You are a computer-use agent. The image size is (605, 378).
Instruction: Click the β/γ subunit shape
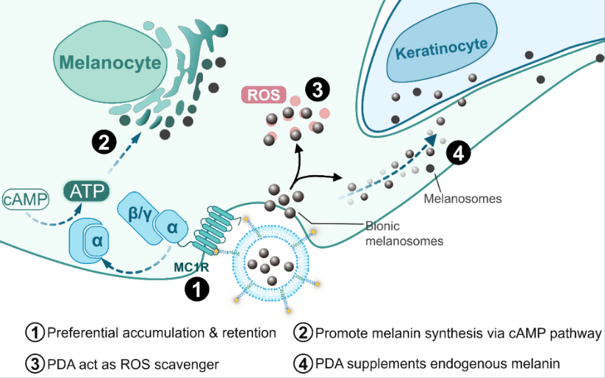136,211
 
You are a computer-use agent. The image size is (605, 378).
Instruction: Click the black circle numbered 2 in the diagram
104,142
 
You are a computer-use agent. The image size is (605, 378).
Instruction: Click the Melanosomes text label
463,198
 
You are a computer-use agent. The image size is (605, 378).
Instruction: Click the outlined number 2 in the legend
304,333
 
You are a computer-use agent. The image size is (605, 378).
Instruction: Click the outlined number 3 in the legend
35,363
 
